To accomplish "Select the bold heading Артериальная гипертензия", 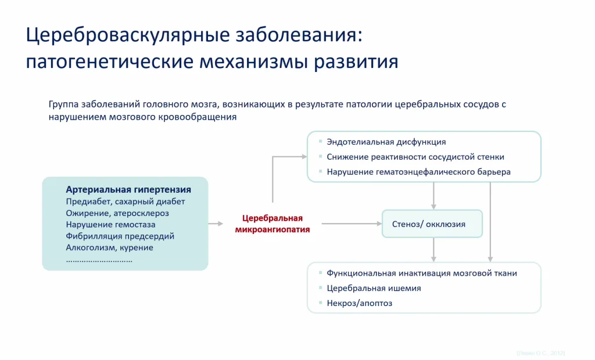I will (128, 190).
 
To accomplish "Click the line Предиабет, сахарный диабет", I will (126, 201).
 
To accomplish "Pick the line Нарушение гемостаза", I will (110, 225).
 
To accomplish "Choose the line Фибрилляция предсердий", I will (120, 236).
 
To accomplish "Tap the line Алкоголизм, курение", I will (109, 248).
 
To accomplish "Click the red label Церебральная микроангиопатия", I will (272, 224).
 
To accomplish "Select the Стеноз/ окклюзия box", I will (432, 224).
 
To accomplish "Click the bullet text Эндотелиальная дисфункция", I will (386, 142).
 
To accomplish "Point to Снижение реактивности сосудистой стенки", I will (415, 157).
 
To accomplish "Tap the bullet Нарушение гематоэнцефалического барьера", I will (418, 172).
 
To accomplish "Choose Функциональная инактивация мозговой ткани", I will (421, 273).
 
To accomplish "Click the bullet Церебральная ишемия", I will (374, 288).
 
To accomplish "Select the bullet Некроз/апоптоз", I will (359, 303).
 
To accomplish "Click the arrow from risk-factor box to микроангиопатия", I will (216, 224).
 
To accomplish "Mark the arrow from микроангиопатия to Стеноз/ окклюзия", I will (351, 224).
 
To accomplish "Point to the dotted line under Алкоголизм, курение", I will (99, 260).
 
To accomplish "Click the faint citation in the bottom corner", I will (540, 353).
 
